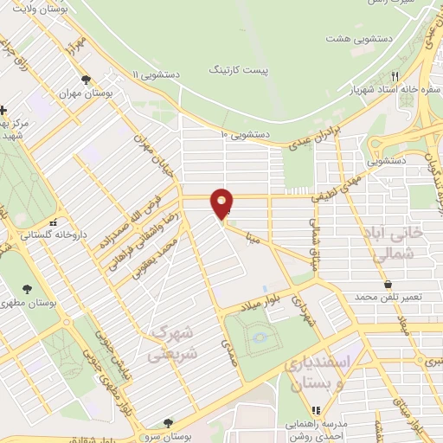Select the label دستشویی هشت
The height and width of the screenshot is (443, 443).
click(356, 39)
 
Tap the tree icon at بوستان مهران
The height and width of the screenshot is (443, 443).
click(85, 80)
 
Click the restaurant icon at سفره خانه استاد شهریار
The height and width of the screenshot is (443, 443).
click(394, 75)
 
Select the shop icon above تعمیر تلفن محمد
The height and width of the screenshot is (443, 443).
click(387, 283)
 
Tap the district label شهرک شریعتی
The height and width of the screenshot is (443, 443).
click(173, 343)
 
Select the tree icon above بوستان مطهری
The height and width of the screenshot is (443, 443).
click(29, 289)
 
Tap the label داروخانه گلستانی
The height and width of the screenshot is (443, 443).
click(30, 234)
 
